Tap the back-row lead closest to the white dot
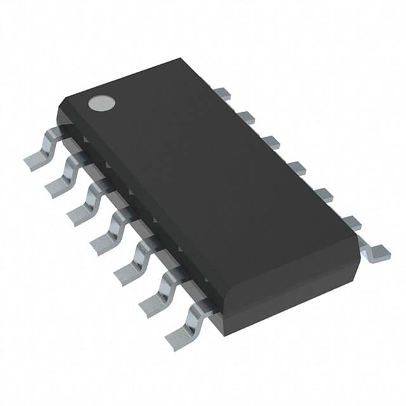click(221, 94)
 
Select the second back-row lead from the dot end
click(246, 117)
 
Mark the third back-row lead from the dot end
click(270, 142)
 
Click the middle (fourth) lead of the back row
click(296, 168)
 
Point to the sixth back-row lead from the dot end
click(351, 223)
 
